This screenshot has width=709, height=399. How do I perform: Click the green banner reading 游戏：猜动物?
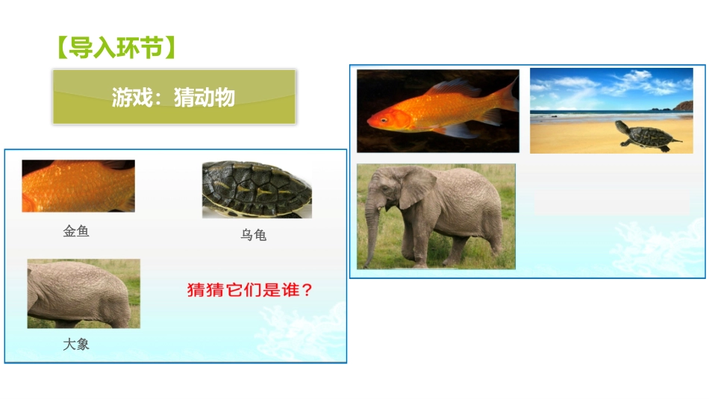174,97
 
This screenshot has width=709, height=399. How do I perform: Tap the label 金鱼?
76,231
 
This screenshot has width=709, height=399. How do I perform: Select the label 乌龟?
253,235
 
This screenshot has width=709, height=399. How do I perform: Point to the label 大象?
76,345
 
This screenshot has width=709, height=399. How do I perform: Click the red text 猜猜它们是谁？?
250,290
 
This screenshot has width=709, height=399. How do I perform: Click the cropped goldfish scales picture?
78,186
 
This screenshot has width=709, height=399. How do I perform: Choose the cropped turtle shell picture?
256,189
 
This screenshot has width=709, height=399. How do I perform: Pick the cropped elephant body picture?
84,293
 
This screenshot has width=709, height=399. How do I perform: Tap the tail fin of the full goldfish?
506,101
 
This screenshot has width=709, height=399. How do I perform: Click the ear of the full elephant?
415,187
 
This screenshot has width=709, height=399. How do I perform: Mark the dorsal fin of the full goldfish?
455,87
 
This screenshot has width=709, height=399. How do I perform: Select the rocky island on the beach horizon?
683,107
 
